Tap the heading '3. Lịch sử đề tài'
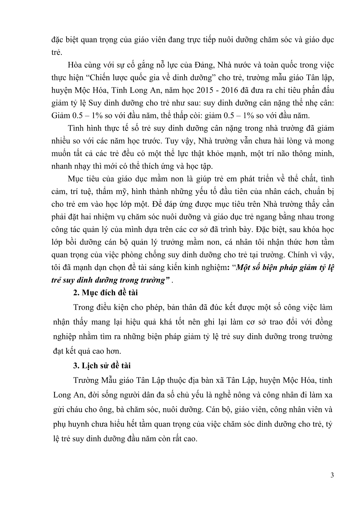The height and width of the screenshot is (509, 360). click(x=102, y=365)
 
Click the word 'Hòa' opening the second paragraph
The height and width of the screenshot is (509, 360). click(x=74, y=66)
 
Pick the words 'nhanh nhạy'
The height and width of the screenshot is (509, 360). click(x=68, y=166)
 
